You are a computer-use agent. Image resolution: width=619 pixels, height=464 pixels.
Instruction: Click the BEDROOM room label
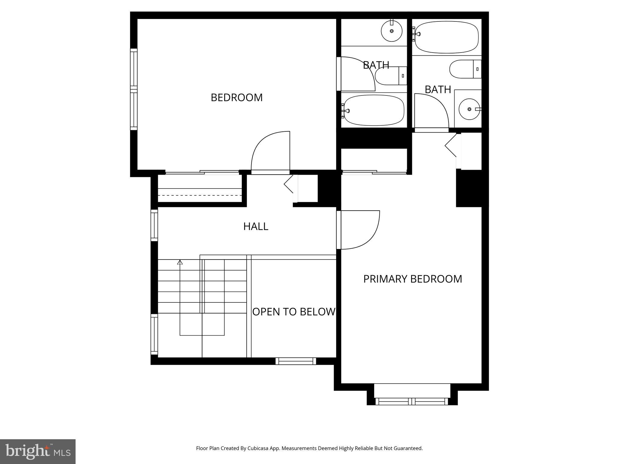(236, 98)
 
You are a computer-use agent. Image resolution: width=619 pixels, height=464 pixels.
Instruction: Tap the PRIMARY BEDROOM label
(412, 279)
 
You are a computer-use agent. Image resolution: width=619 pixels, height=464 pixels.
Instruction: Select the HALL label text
(256, 226)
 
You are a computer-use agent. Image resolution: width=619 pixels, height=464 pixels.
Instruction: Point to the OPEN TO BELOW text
(293, 312)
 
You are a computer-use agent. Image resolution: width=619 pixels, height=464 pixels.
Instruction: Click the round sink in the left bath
(392, 31)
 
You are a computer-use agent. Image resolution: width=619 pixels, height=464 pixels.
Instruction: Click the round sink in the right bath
(469, 109)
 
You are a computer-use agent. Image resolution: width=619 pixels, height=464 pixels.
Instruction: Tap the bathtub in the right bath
(446, 37)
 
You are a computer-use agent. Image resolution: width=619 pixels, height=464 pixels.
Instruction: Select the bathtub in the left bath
(374, 110)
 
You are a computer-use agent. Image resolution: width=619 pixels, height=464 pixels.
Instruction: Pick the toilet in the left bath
(390, 76)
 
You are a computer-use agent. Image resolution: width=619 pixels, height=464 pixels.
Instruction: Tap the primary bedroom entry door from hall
(360, 230)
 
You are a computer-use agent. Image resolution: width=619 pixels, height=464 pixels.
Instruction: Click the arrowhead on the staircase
(180, 262)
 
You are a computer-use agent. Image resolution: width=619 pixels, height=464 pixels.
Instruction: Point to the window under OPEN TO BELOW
(296, 361)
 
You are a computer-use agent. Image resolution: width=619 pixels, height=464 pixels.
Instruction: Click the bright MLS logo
(37, 451)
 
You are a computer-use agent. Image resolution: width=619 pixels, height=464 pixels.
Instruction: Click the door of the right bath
(431, 112)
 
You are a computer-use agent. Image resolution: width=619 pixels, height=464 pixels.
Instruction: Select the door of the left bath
(357, 74)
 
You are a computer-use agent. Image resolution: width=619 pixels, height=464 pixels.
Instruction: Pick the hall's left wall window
(154, 225)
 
